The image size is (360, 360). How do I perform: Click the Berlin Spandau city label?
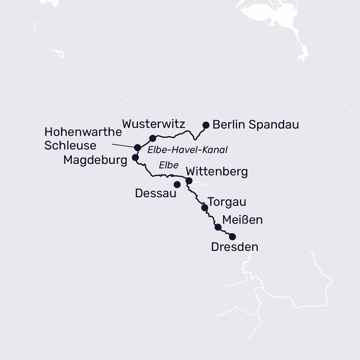point(255,125)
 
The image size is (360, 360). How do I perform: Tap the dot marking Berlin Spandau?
point(207,125)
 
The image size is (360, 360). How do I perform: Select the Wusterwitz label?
point(153,123)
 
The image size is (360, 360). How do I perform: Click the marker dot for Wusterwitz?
point(153,138)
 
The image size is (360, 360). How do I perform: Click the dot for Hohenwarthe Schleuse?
point(137,147)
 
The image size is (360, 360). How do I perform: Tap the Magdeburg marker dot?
point(135,157)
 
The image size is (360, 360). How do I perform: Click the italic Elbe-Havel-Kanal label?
point(188,150)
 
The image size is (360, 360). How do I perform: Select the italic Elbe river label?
point(168,165)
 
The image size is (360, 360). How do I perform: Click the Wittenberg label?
point(217,172)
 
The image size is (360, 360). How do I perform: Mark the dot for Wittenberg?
point(189,181)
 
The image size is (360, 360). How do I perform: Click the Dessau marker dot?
point(177,184)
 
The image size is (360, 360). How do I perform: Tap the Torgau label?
point(226,202)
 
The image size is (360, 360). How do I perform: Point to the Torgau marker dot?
point(204,208)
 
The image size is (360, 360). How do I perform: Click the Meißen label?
point(242,220)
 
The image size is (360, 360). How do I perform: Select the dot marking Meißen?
point(218,227)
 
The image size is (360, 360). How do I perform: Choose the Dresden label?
point(235,247)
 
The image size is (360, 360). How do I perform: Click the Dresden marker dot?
point(232,236)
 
